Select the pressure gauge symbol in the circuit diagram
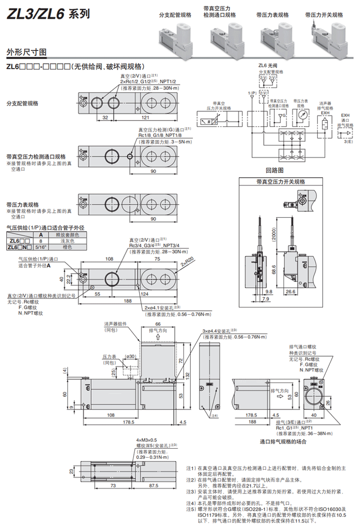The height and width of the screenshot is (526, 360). (302, 116)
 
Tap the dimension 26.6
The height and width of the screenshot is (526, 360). (303, 291)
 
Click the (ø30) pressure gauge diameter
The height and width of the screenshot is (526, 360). (129, 356)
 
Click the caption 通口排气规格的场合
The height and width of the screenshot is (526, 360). (283, 441)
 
